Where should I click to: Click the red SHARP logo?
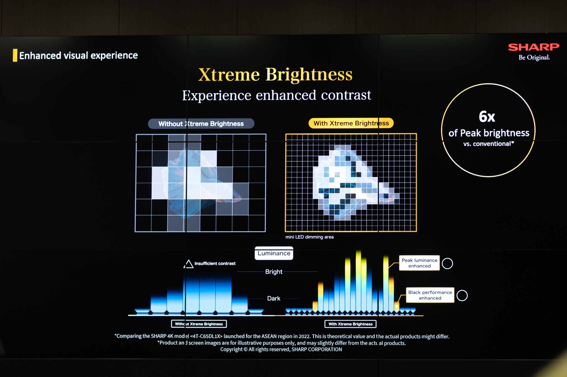[534, 47]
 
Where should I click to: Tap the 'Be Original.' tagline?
[534, 58]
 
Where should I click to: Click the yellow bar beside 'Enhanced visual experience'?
[15, 55]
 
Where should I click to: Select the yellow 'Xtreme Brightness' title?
[275, 74]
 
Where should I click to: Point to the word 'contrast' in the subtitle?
[346, 95]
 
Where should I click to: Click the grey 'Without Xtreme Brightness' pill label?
[201, 124]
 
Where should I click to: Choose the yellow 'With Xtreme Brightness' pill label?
[351, 123]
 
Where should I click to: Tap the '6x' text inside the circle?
[487, 116]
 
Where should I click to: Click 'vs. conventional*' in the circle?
[489, 144]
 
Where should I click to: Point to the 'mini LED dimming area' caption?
[310, 237]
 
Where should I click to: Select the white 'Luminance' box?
[274, 253]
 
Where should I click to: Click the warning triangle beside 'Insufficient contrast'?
[189, 264]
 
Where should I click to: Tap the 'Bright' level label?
[274, 272]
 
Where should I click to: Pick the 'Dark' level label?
[274, 298]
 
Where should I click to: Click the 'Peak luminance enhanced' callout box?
[419, 263]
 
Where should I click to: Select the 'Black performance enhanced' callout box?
[430, 295]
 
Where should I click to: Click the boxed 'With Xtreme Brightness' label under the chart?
[350, 324]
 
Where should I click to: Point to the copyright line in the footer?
[281, 349]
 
